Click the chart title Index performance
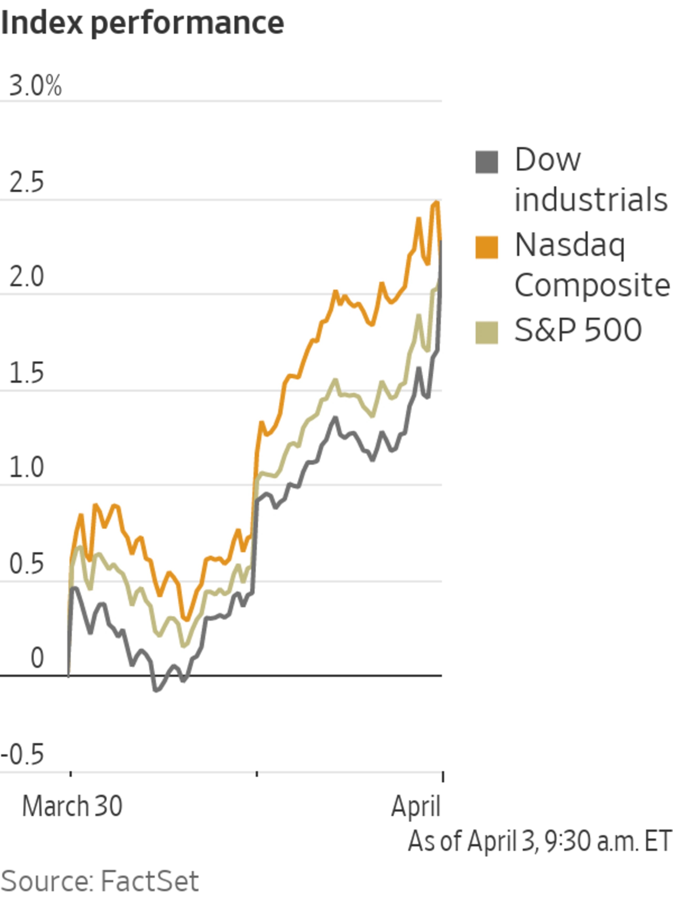pyautogui.click(x=142, y=23)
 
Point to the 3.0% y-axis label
pyautogui.click(x=35, y=86)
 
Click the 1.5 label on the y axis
pyautogui.click(x=26, y=373)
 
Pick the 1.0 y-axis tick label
pyautogui.click(x=26, y=468)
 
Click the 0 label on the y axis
pyautogui.click(x=37, y=658)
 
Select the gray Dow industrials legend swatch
pyautogui.click(x=486, y=162)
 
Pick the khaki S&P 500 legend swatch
pyautogui.click(x=486, y=333)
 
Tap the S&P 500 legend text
pyautogui.click(x=578, y=330)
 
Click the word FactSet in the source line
pyautogui.click(x=149, y=881)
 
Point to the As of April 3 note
pyautogui.click(x=539, y=841)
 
